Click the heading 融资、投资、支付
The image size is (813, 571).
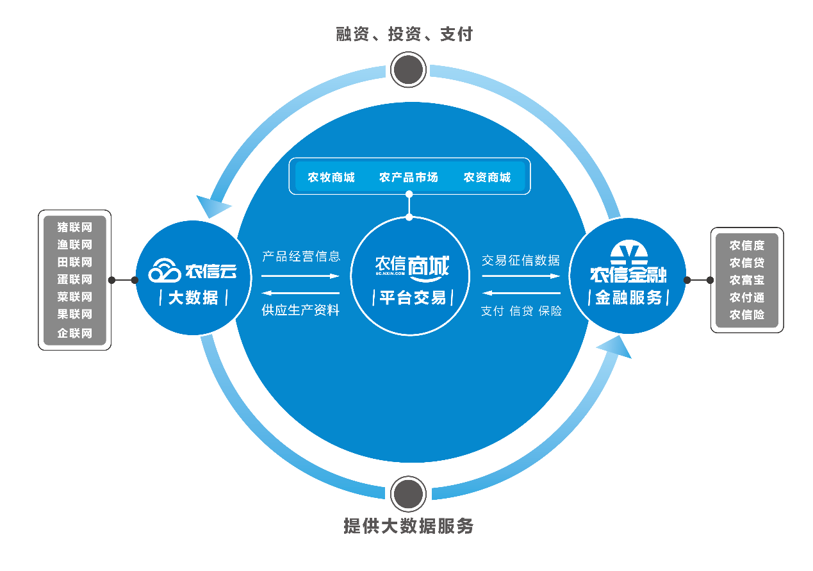[404, 34]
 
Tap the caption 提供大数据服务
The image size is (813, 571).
[408, 526]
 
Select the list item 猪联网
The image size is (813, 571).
[75, 228]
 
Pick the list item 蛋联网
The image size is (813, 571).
[75, 279]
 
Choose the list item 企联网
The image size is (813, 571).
[75, 333]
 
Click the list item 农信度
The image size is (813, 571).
[746, 245]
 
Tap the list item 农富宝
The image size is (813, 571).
[746, 280]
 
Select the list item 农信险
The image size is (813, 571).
[746, 315]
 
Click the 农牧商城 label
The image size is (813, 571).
[331, 178]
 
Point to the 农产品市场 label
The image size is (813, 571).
[409, 178]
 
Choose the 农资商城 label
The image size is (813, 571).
[487, 178]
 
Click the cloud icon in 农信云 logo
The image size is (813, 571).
[165, 271]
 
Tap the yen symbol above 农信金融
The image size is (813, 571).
[628, 254]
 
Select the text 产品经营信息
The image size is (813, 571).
[301, 256]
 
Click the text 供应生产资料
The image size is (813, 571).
[300, 310]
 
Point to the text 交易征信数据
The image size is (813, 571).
[521, 260]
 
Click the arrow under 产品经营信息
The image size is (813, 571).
[300, 276]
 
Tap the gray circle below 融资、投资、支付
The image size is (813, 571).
[408, 69]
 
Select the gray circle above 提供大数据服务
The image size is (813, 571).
[408, 494]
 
